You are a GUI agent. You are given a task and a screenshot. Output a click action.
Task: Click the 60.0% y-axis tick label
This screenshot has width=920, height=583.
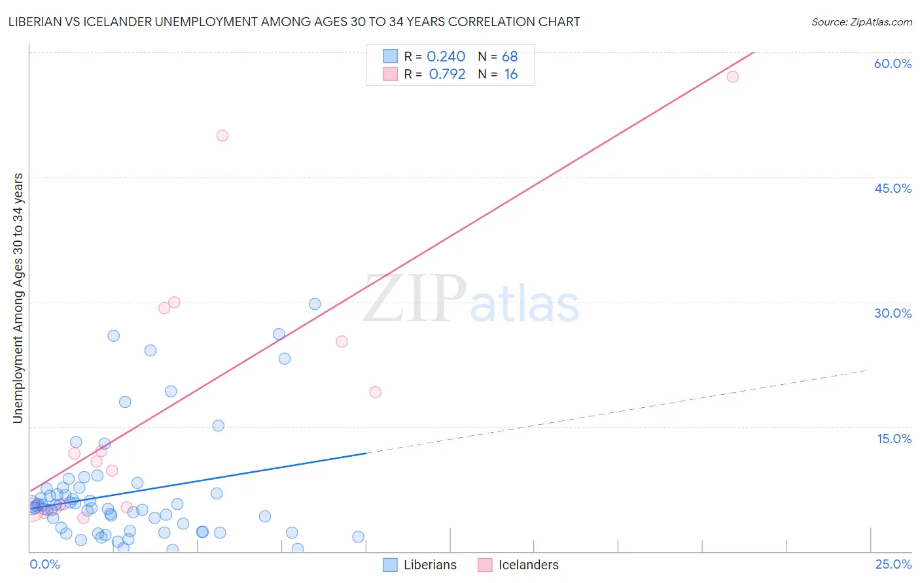(x=893, y=63)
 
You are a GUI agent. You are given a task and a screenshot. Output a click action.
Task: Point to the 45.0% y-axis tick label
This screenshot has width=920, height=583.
(x=893, y=188)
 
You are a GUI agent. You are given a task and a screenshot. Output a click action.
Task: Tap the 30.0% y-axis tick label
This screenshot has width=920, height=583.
(x=893, y=313)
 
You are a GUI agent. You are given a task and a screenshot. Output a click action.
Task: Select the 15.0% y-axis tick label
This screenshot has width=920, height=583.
(x=894, y=439)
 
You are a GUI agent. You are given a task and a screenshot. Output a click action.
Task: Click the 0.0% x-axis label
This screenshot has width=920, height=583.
(x=44, y=564)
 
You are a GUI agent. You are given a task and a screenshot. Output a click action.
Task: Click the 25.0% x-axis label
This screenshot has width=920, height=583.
(x=893, y=564)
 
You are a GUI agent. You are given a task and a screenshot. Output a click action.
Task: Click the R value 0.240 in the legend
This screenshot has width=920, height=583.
(x=446, y=57)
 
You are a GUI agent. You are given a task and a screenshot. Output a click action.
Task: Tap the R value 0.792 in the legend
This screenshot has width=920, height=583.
(x=447, y=75)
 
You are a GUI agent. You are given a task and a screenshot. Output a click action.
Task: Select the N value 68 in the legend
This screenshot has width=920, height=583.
(x=510, y=57)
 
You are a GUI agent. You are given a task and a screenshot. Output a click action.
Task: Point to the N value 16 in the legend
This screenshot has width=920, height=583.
(x=510, y=75)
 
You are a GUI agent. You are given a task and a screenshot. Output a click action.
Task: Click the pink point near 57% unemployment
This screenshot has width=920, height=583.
(x=733, y=77)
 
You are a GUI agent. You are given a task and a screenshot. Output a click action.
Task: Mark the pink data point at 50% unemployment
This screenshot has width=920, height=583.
(x=222, y=136)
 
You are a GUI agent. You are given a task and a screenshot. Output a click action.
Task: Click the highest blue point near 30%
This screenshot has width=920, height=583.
(x=315, y=304)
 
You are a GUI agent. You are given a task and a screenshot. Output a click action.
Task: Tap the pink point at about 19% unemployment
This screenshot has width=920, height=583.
(x=376, y=392)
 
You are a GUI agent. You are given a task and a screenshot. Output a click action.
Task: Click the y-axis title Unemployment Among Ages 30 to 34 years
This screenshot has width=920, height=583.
(x=18, y=298)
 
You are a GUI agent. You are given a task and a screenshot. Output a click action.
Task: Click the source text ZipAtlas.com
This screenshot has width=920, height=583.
(x=861, y=22)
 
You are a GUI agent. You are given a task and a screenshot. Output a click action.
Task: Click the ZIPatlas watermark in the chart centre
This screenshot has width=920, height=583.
(x=471, y=299)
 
